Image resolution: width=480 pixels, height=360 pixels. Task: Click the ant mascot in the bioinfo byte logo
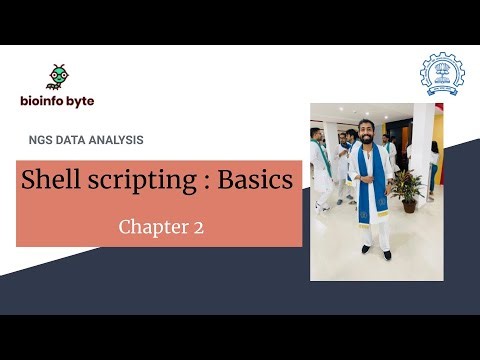coord(59,77)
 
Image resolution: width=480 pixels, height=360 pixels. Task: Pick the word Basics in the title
coord(253,180)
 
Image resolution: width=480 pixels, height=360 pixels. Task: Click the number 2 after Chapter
coord(199,228)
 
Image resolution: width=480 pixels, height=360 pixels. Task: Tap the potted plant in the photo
coord(406,188)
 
